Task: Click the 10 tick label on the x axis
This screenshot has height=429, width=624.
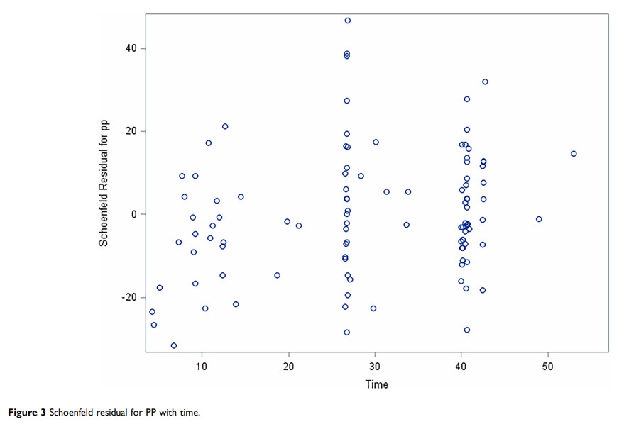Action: point(202,366)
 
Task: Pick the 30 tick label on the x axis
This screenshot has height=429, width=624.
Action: point(375,366)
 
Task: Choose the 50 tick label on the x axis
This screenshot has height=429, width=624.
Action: point(547,366)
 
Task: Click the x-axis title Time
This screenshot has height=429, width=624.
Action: point(376,384)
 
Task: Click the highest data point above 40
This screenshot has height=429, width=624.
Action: point(348,21)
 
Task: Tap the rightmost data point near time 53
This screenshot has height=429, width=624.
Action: point(574,154)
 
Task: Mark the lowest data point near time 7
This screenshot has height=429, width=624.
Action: point(174,345)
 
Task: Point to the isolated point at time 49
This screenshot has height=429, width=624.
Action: point(539,219)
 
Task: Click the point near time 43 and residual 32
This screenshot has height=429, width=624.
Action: point(486,82)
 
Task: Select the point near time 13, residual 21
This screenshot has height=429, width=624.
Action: point(225,126)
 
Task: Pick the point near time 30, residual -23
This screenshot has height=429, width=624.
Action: point(373,308)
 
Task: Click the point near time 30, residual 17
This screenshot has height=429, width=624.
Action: point(376,142)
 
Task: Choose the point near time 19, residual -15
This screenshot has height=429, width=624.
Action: point(278,275)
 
